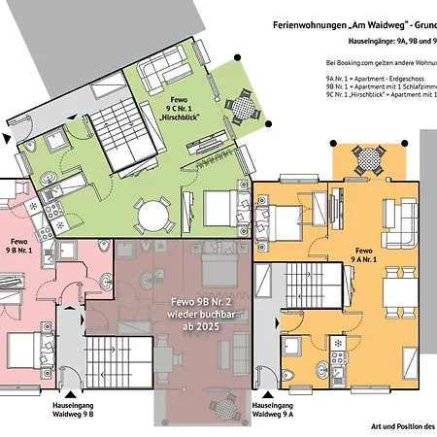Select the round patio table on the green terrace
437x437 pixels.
(243, 105)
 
